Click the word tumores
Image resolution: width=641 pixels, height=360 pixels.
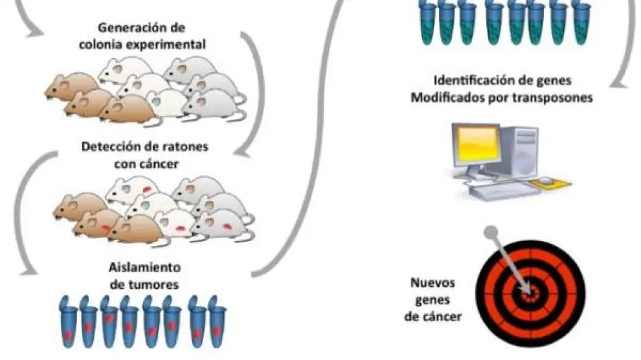pos(154,284)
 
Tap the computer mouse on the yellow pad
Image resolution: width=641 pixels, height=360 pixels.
pos(547,180)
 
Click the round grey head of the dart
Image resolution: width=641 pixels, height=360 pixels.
pos(493,231)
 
